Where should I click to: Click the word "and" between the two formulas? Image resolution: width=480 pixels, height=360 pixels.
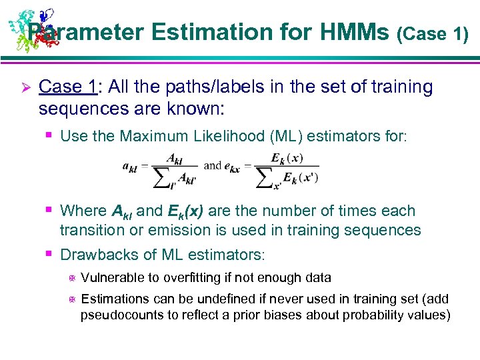point(213,165)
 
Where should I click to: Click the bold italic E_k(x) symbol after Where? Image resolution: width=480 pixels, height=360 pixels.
point(186,212)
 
